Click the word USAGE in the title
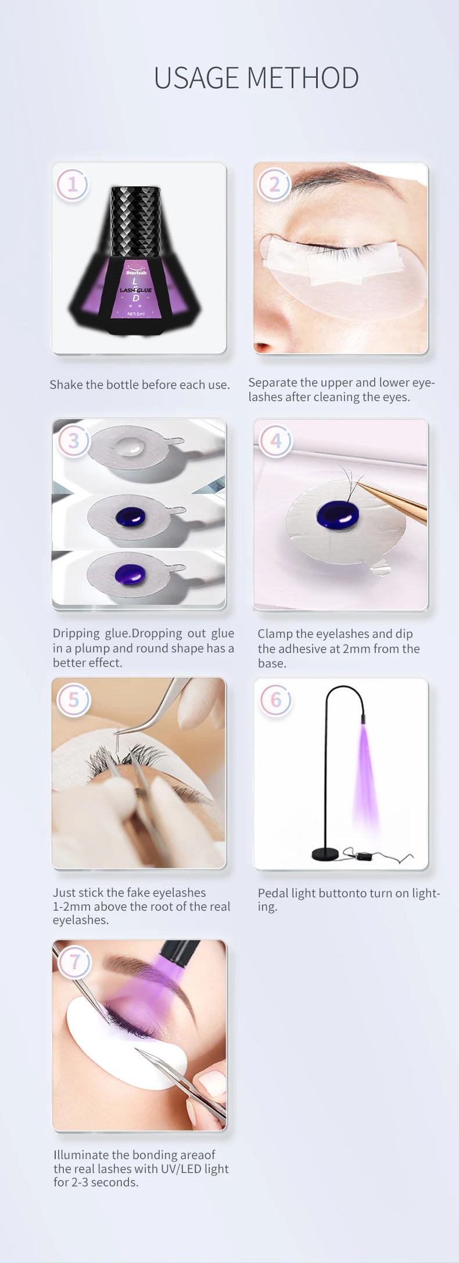[197, 78]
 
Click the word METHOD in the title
[303, 78]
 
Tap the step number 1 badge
[73, 185]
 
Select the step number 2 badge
[274, 185]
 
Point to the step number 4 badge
[275, 441]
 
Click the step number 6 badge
[275, 700]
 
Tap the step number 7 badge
[74, 962]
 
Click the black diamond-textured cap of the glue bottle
[135, 221]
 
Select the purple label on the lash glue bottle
[135, 289]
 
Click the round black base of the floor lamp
[325, 853]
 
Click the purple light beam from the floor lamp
[366, 772]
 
